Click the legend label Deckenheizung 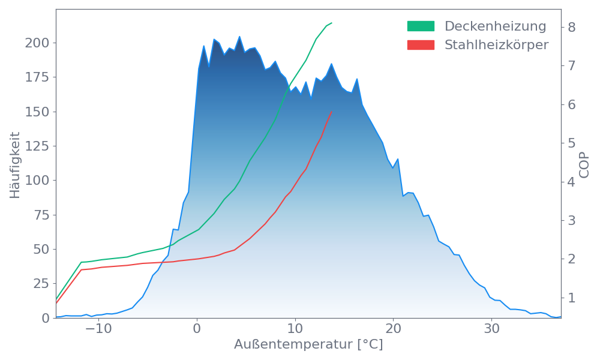pyautogui.click(x=495, y=26)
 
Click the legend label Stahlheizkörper pyautogui.click(x=496, y=45)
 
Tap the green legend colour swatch pyautogui.click(x=421, y=26)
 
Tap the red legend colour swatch pyautogui.click(x=421, y=45)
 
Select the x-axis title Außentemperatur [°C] pyautogui.click(x=308, y=345)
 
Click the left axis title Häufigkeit pyautogui.click(x=15, y=165)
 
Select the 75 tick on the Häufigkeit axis pyautogui.click(x=40, y=215)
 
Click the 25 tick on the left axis pyautogui.click(x=40, y=284)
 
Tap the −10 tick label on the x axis pyautogui.click(x=96, y=329)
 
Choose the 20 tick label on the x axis pyautogui.click(x=393, y=329)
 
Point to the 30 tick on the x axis pyautogui.click(x=491, y=329)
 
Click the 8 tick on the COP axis pyautogui.click(x=572, y=27)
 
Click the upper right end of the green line pyautogui.click(x=332, y=23)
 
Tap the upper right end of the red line pyautogui.click(x=332, y=112)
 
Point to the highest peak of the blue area pyautogui.click(x=239, y=36)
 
